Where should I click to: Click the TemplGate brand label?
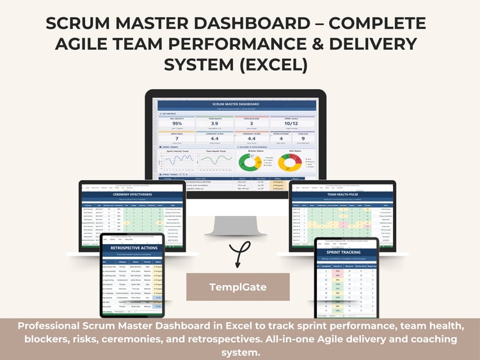click(x=237, y=288)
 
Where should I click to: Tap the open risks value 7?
click(x=177, y=138)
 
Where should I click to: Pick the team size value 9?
click(x=301, y=138)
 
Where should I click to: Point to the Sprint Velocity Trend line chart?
click(x=177, y=163)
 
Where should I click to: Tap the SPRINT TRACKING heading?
click(x=346, y=253)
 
